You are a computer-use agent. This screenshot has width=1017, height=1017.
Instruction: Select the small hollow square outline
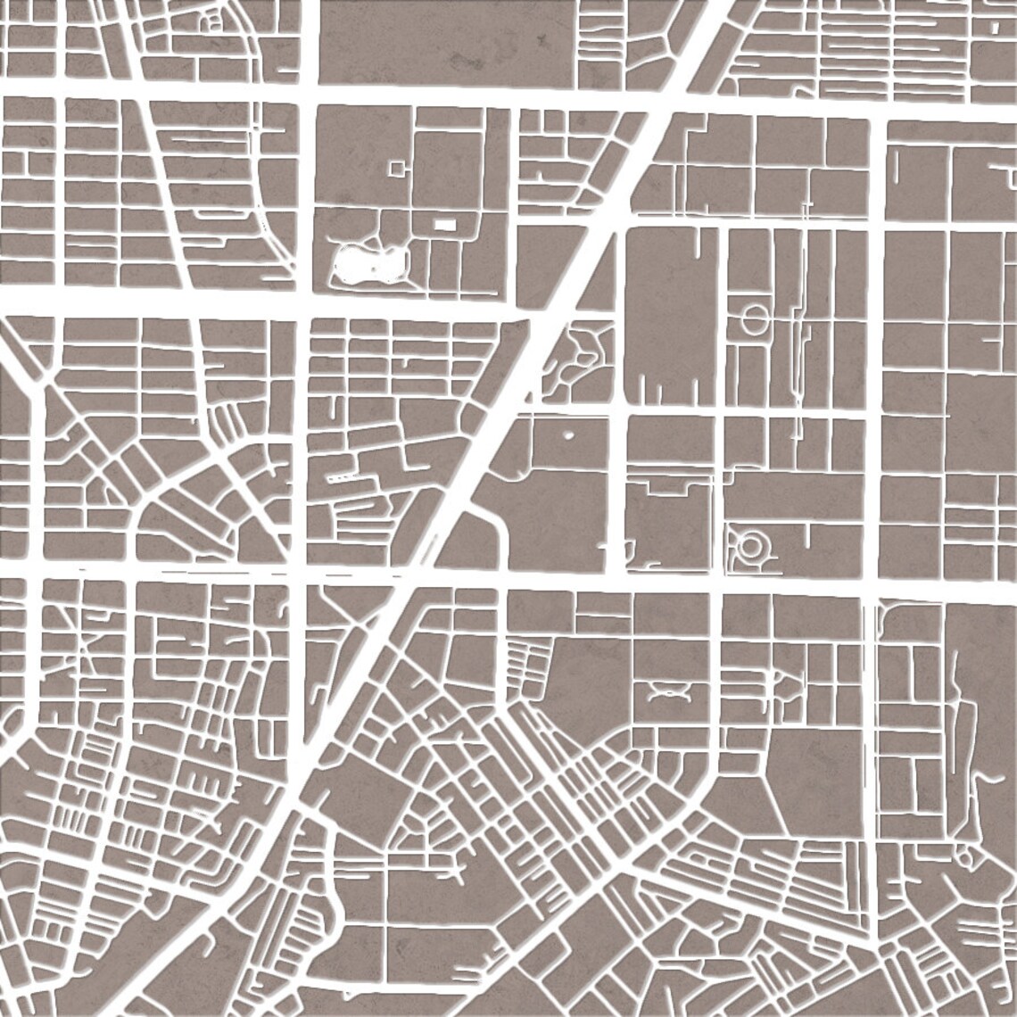pyautogui.click(x=395, y=167)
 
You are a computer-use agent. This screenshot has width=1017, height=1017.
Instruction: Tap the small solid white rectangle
pyautogui.click(x=443, y=224)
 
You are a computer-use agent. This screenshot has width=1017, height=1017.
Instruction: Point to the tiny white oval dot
pyautogui.click(x=568, y=437)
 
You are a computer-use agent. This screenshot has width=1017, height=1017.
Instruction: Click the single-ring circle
pyautogui.click(x=754, y=318)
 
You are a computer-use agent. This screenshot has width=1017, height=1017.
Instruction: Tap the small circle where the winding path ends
pyautogui.click(x=965, y=857)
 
